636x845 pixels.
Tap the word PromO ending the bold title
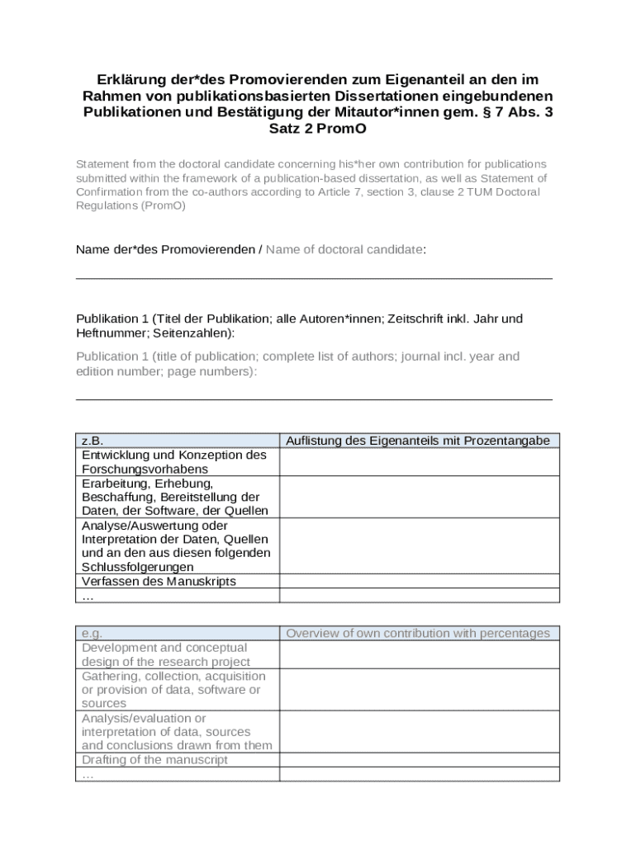[339, 129]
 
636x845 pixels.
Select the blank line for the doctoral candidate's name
[314, 277]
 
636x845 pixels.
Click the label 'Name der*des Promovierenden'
[165, 249]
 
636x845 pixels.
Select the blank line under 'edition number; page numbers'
[314, 399]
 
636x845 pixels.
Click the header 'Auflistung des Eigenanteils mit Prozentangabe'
[417, 441]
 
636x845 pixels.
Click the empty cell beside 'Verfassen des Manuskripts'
[420, 581]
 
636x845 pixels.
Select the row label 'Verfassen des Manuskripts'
[159, 581]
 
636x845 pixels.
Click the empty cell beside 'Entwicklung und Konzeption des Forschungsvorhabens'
[420, 462]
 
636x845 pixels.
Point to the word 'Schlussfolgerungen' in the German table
[138, 568]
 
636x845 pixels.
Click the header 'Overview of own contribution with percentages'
[417, 634]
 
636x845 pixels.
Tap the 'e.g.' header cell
[92, 634]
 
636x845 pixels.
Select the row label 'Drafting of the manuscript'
[154, 760]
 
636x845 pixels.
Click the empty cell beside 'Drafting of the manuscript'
[420, 760]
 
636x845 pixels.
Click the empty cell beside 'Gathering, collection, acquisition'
[420, 690]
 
